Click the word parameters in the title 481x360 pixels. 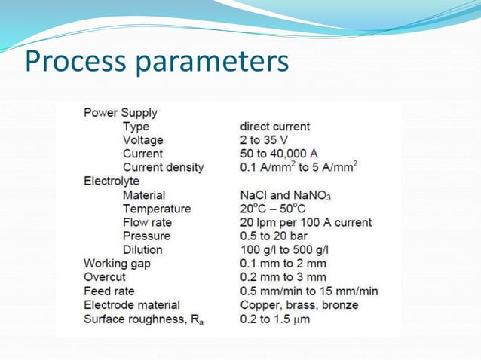[213, 62]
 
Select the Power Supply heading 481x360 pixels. [121, 113]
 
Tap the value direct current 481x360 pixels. [274, 127]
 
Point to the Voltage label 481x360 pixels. [142, 140]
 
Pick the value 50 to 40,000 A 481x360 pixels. [278, 154]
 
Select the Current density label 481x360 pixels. [163, 167]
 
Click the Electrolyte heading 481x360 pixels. [111, 181]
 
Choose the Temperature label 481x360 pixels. [156, 209]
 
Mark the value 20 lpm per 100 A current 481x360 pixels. [305, 223]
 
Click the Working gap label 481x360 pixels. [117, 264]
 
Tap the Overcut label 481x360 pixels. [104, 277]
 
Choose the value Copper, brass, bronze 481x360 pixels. [299, 305]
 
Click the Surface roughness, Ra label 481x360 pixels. [143, 319]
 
